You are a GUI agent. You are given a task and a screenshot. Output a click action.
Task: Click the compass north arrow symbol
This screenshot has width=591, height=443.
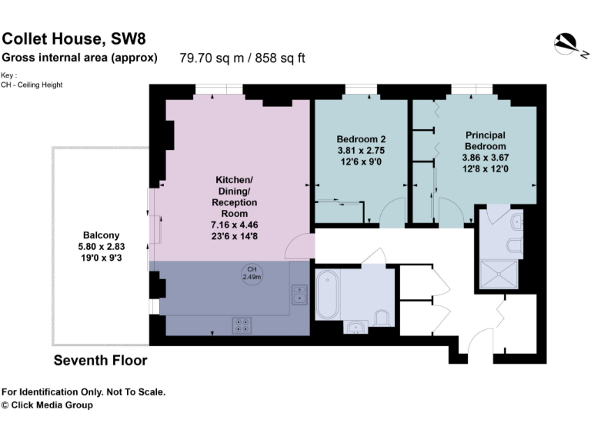click(570, 45)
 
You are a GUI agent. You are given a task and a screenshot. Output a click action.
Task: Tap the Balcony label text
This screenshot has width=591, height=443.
click(102, 235)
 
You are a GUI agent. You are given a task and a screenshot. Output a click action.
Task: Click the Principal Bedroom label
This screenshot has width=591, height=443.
click(485, 140)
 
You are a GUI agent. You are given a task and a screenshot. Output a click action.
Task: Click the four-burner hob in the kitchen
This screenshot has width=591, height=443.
click(243, 325)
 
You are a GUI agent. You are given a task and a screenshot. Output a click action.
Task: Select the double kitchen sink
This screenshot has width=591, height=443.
click(300, 294)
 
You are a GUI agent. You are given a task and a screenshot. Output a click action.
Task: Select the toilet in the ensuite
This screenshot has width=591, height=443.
click(514, 246)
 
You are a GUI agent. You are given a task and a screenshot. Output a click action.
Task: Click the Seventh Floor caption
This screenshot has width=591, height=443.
click(100, 360)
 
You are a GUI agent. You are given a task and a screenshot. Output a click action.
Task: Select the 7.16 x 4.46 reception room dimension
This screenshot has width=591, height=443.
click(235, 225)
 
